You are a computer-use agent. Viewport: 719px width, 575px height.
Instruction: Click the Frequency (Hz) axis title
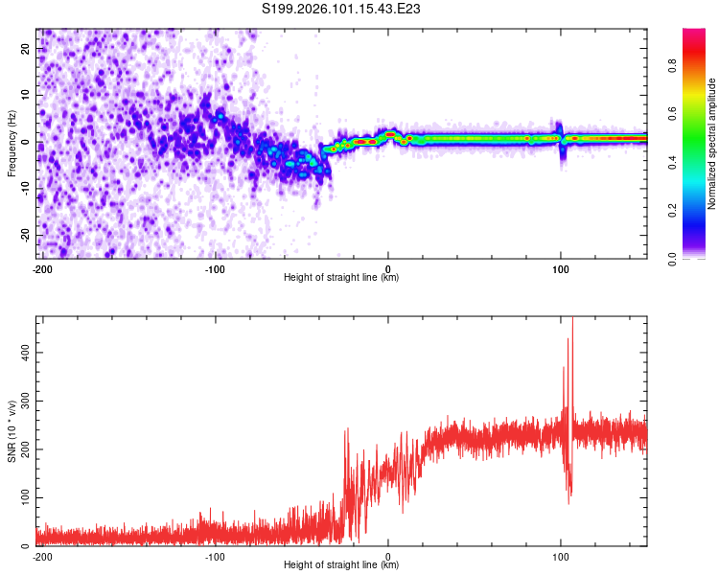(x=12, y=142)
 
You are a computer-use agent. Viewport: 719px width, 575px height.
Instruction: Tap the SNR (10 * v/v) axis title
(x=12, y=430)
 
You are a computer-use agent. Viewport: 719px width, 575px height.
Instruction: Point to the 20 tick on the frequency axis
(x=25, y=48)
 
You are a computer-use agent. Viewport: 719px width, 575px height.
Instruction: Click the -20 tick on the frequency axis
(x=23, y=235)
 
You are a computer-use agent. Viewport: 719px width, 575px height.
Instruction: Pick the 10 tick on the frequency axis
(x=25, y=95)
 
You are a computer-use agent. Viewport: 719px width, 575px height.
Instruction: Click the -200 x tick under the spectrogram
(x=42, y=267)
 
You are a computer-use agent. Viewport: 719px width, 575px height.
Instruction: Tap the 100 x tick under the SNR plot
(x=561, y=556)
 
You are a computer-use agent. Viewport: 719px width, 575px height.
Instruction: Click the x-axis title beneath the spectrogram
(x=341, y=277)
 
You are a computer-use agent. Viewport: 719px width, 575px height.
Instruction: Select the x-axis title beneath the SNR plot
(x=341, y=565)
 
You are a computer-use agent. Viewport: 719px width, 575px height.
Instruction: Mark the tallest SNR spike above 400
(x=572, y=322)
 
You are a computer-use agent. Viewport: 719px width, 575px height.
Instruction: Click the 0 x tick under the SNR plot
(x=388, y=556)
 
